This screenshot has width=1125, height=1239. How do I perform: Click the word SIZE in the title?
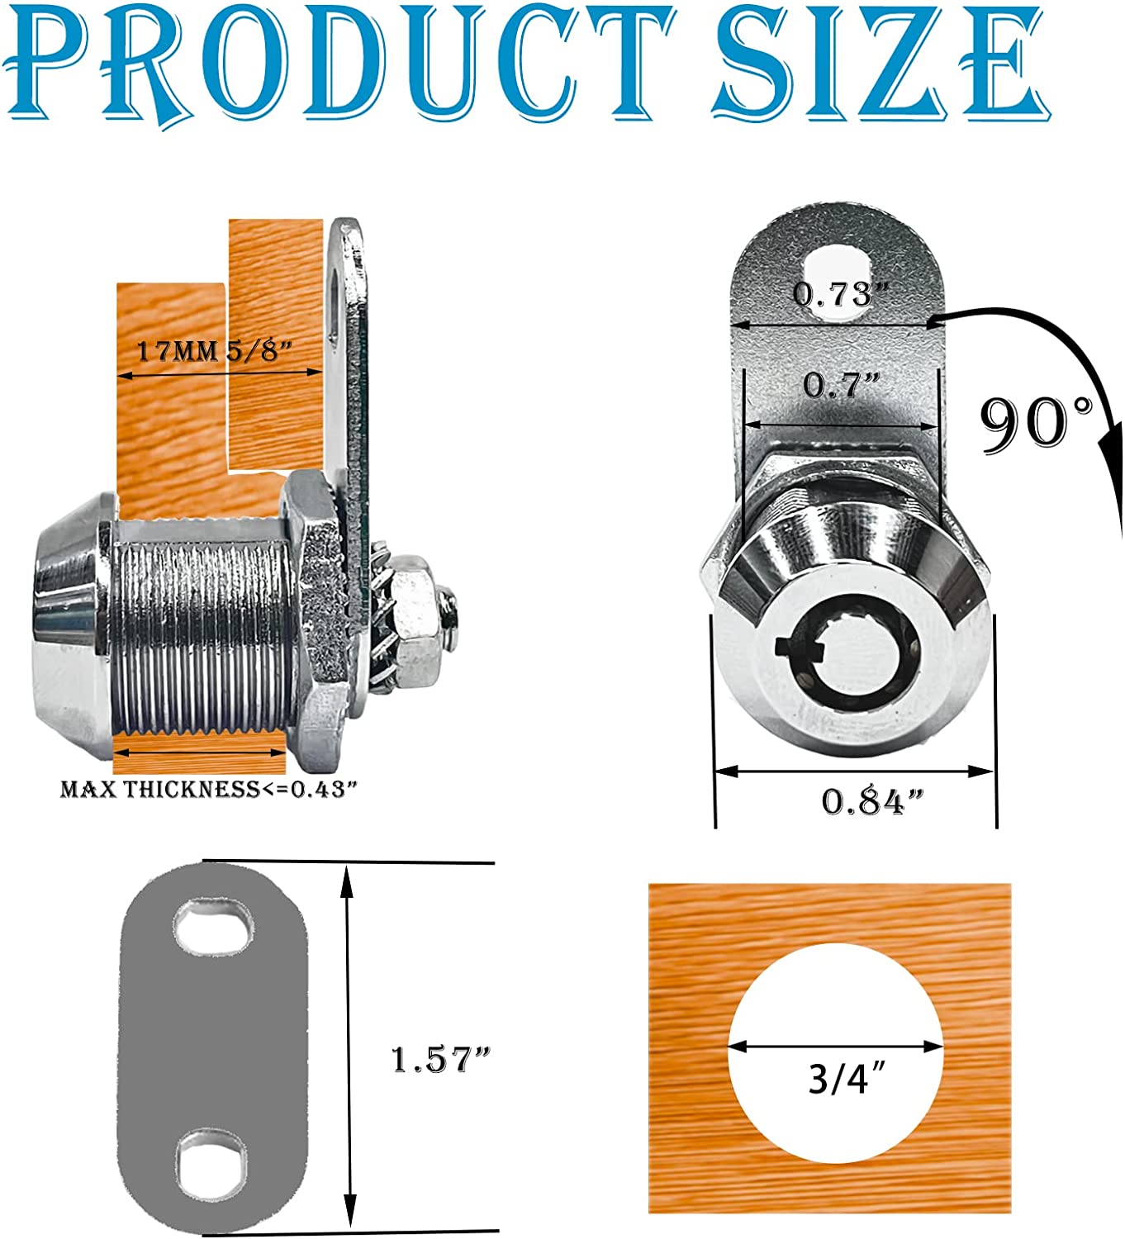(881, 63)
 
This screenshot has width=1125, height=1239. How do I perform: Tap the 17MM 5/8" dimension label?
(213, 351)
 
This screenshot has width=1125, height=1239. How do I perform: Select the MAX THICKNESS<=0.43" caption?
(209, 789)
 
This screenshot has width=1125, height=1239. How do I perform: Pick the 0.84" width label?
(872, 802)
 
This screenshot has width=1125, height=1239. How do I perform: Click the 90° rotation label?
(1036, 424)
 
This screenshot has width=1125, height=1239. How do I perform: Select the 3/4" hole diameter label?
(847, 1078)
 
